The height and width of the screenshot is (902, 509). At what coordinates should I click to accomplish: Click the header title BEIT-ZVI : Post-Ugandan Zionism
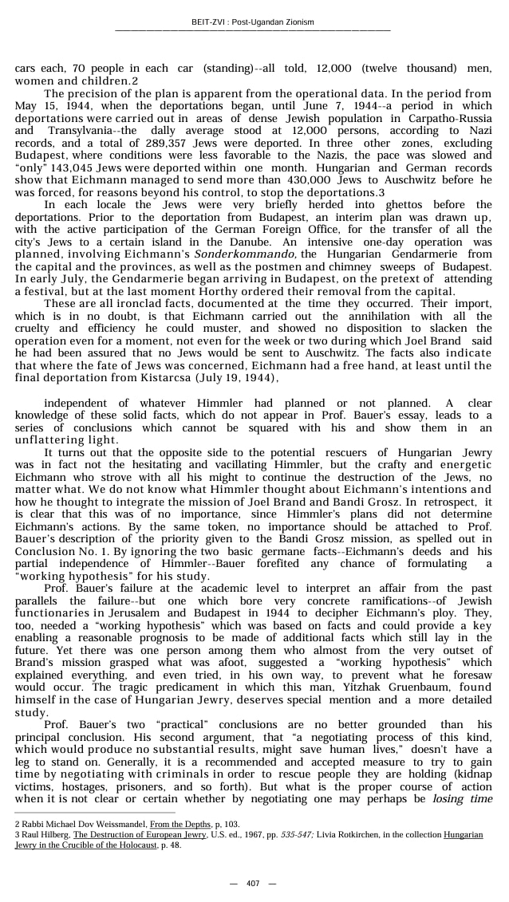pyautogui.click(x=254, y=22)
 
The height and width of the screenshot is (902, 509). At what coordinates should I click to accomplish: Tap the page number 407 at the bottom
pyautogui.click(x=253, y=884)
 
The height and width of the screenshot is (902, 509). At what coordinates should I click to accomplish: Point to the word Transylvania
pyautogui.click(x=81, y=129)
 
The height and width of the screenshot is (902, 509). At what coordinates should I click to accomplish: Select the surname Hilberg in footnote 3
pyautogui.click(x=53, y=834)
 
